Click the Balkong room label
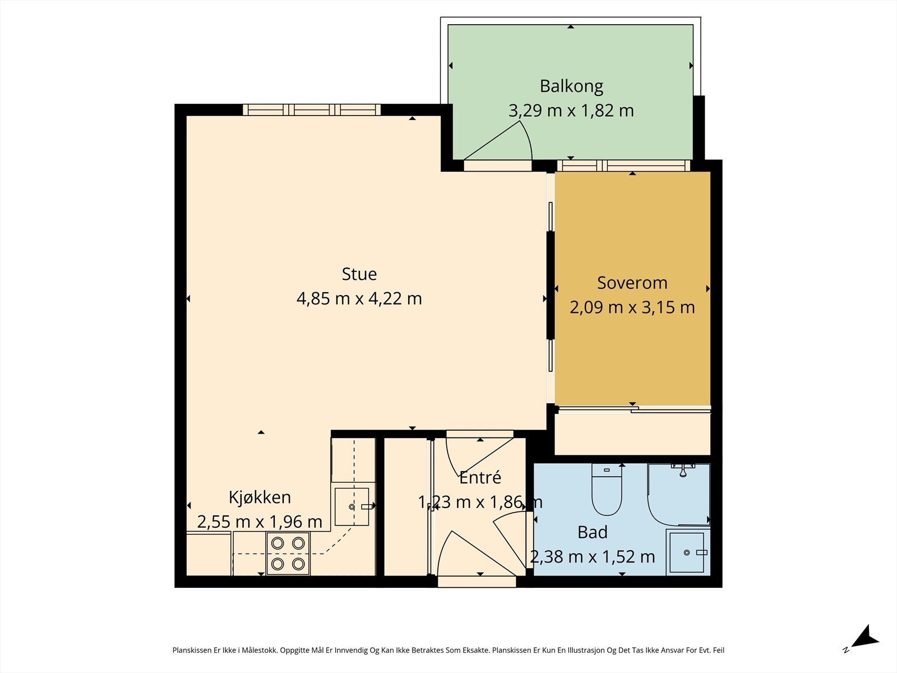tap(571, 86)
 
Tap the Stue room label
tap(359, 274)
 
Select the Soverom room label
tap(632, 283)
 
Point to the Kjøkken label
tap(260, 497)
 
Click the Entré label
tap(480, 477)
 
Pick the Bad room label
tap(593, 532)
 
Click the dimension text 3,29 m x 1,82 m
tap(571, 110)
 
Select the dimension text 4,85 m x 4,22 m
tap(359, 299)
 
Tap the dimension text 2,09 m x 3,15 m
tap(632, 307)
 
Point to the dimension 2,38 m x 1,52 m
tap(593, 556)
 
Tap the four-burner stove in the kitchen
tap(288, 554)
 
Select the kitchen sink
tap(352, 506)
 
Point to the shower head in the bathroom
tap(682, 470)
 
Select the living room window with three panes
tap(312, 109)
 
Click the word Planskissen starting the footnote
tap(192, 650)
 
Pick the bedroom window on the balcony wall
tap(623, 166)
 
